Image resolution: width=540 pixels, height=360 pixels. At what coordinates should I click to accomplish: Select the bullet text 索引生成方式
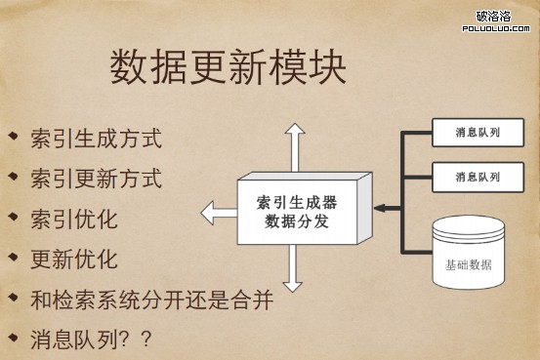coord(96,138)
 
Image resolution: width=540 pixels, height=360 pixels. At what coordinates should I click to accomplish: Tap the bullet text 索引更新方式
coord(96,179)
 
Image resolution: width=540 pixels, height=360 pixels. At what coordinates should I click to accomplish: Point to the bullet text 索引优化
coord(74,219)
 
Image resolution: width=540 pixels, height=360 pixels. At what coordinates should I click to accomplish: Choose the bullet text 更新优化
coord(74,259)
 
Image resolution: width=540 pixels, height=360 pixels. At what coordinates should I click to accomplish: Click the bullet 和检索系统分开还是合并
coord(150,300)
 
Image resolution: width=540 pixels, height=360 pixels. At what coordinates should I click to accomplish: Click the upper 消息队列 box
coord(478,132)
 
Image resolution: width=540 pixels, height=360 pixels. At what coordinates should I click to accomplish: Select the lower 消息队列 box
coord(478,177)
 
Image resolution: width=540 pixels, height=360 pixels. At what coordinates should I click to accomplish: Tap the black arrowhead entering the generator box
coord(380,208)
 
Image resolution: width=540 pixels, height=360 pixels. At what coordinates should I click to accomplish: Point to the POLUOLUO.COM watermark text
coord(496,28)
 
